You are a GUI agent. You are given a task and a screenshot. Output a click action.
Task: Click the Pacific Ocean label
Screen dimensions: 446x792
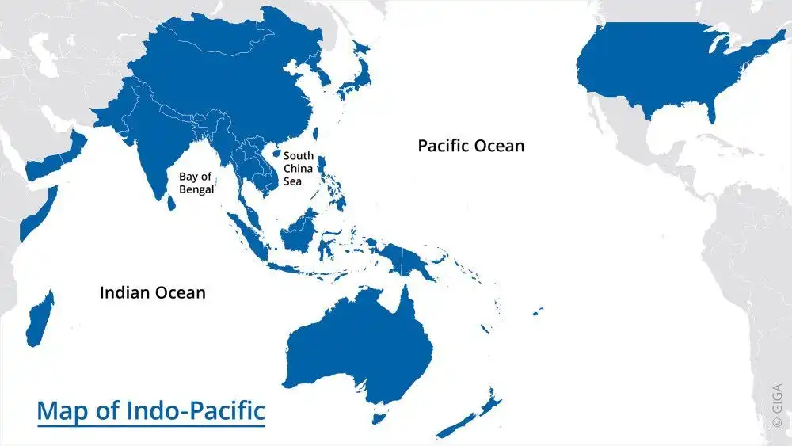(x=470, y=146)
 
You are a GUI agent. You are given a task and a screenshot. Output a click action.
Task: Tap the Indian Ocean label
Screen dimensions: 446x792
(x=152, y=292)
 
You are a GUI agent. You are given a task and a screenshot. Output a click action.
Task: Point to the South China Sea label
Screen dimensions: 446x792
(x=299, y=169)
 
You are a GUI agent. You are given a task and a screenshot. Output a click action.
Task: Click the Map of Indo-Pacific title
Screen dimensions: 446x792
(x=150, y=412)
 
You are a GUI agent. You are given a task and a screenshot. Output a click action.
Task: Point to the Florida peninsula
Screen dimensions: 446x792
(x=710, y=112)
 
